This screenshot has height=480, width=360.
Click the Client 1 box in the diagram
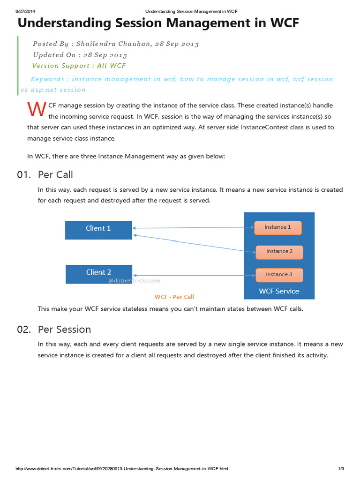click(x=98, y=229)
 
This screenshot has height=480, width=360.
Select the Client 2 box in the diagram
click(x=98, y=273)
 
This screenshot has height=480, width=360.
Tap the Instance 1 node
click(x=277, y=227)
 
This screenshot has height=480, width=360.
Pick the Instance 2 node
click(x=279, y=252)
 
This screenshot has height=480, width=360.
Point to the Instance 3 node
click(x=279, y=275)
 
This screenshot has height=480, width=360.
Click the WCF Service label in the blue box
click(x=279, y=291)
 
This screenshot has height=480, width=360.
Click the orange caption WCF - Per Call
click(x=174, y=297)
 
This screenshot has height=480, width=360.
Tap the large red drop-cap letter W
click(x=37, y=109)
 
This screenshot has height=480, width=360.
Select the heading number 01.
click(x=24, y=175)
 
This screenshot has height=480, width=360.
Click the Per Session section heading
click(x=64, y=329)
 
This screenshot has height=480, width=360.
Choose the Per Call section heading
click(x=55, y=175)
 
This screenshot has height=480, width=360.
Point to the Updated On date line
click(x=80, y=55)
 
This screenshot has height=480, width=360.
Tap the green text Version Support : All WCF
click(x=79, y=66)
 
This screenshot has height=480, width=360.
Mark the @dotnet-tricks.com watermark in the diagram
click(x=134, y=281)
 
